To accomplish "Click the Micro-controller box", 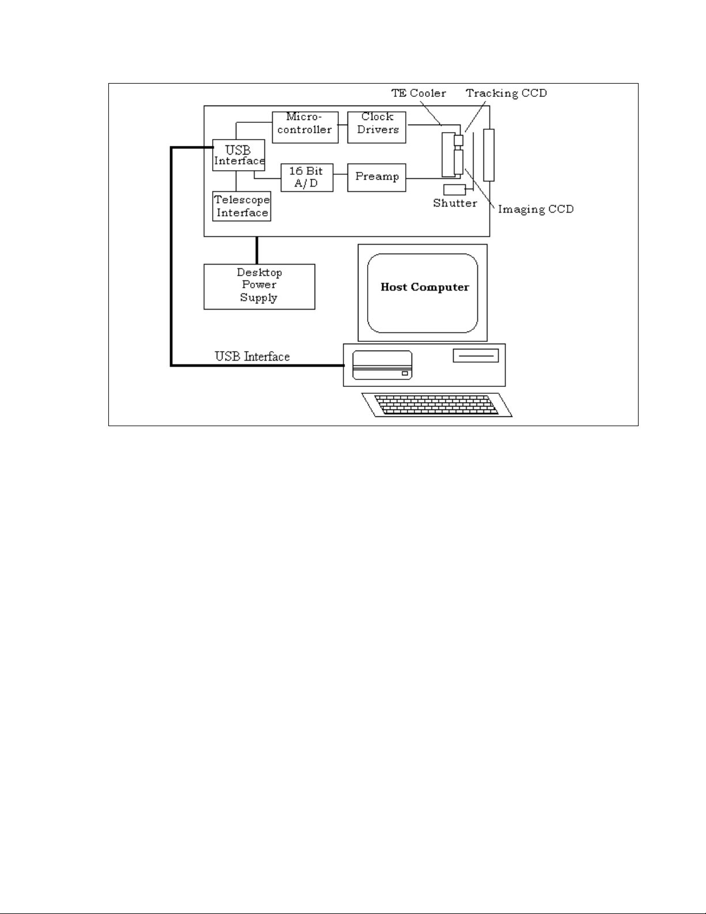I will pyautogui.click(x=305, y=127).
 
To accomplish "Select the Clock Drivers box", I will pyautogui.click(x=377, y=127).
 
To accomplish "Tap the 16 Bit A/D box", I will pyautogui.click(x=306, y=178).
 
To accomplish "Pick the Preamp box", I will pyautogui.click(x=377, y=177).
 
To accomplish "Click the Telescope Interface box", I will pyautogui.click(x=242, y=206).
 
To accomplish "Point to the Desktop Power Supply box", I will pyautogui.click(x=259, y=287).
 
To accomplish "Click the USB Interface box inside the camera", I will pyautogui.click(x=239, y=155).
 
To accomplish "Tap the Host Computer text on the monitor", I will pyautogui.click(x=425, y=287).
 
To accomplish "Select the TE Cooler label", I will pyautogui.click(x=418, y=93).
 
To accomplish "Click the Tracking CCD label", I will pyautogui.click(x=506, y=93).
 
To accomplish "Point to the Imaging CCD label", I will pyautogui.click(x=535, y=209).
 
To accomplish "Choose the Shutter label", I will pyautogui.click(x=455, y=203).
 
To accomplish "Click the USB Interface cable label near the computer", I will pyautogui.click(x=252, y=356).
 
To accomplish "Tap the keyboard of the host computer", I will pyautogui.click(x=437, y=404).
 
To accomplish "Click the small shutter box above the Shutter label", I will pyautogui.click(x=455, y=190).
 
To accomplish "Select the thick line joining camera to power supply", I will pyautogui.click(x=257, y=250).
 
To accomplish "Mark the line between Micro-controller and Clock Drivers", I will pyautogui.click(x=343, y=127).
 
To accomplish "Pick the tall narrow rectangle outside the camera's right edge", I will pyautogui.click(x=489, y=155).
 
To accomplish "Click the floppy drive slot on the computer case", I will pyautogui.click(x=476, y=356).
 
